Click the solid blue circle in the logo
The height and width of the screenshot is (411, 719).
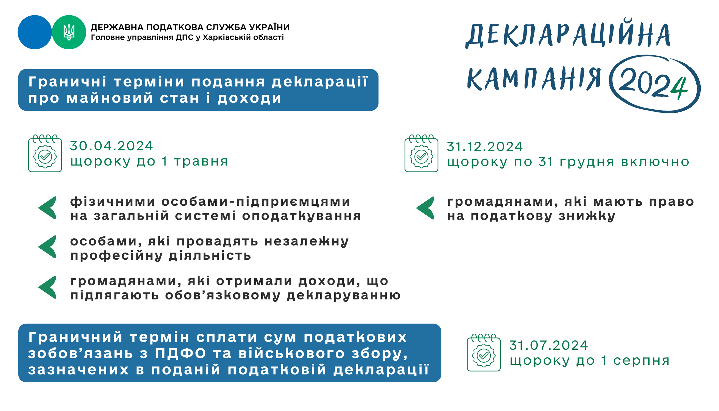[x=35, y=32]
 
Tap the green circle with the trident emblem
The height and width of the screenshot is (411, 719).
[x=69, y=32]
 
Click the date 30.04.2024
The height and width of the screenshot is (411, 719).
[x=111, y=146]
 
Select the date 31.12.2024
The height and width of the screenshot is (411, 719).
[x=485, y=147]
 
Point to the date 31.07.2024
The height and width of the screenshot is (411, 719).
[x=548, y=345]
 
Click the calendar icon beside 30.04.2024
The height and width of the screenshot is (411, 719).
[x=45, y=153]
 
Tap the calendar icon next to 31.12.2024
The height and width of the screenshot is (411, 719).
[x=421, y=153]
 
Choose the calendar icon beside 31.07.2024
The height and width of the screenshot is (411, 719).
[x=484, y=352]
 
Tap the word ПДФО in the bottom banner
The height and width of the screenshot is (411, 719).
[x=181, y=353]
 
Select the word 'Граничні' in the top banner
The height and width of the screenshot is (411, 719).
[x=67, y=82]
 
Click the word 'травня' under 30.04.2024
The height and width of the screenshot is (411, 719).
[x=201, y=162]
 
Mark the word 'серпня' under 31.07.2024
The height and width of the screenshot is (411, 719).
[x=641, y=361]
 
